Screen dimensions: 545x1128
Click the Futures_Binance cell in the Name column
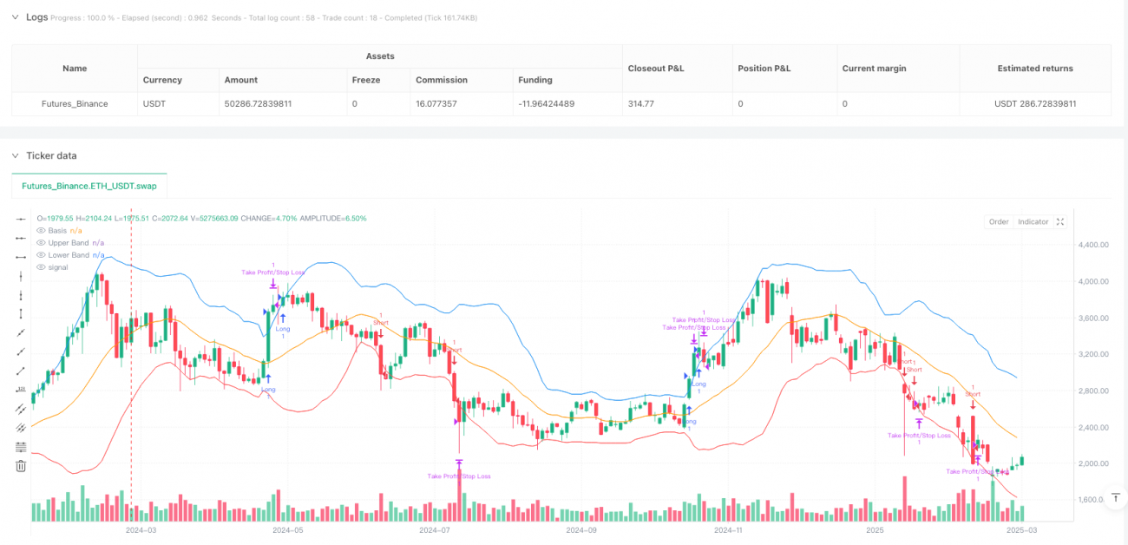[74, 103]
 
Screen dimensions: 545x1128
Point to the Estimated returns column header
[1034, 68]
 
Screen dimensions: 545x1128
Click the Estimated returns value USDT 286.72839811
[1033, 103]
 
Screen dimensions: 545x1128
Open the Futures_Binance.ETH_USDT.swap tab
[89, 186]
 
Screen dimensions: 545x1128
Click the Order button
[999, 222]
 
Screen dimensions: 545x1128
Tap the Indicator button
[1033, 222]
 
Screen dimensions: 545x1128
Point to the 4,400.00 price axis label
[1092, 246]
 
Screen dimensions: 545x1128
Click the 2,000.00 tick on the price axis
[1092, 463]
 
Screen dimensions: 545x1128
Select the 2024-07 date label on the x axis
[433, 529]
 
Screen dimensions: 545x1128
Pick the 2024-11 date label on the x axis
[727, 529]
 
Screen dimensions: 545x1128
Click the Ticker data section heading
[51, 155]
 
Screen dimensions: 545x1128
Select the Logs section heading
[36, 16]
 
